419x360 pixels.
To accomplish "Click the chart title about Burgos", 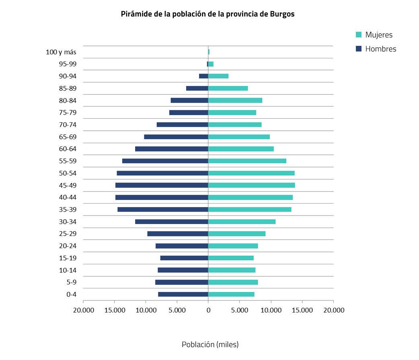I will [x=207, y=14].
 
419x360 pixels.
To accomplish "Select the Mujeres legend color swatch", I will [x=359, y=35].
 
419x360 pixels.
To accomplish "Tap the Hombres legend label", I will [x=380, y=49].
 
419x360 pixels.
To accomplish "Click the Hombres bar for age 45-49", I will [x=162, y=185].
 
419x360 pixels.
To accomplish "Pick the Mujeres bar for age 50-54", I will [x=251, y=173].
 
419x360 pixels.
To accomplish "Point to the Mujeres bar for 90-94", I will [x=218, y=76].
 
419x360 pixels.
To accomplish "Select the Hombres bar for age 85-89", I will [x=197, y=88].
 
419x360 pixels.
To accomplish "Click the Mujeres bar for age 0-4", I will [x=231, y=294].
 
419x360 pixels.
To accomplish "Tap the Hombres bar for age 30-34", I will [x=172, y=222].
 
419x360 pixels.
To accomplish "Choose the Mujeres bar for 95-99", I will [x=211, y=64].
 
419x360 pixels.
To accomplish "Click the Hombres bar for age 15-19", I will [x=184, y=258].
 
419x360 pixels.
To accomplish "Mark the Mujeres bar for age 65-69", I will [x=239, y=137].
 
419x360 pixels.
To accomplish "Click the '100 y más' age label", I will [x=61, y=52].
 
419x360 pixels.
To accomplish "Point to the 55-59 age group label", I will [x=68, y=161].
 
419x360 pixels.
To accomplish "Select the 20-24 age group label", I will [x=68, y=246].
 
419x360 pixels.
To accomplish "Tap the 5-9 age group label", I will [x=71, y=282].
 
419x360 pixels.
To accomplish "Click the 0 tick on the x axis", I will [x=208, y=310].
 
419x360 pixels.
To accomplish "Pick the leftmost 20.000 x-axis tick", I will [x=83, y=310].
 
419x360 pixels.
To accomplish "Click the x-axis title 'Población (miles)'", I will [x=210, y=345].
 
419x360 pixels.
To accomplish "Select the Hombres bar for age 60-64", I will [x=172, y=149].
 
